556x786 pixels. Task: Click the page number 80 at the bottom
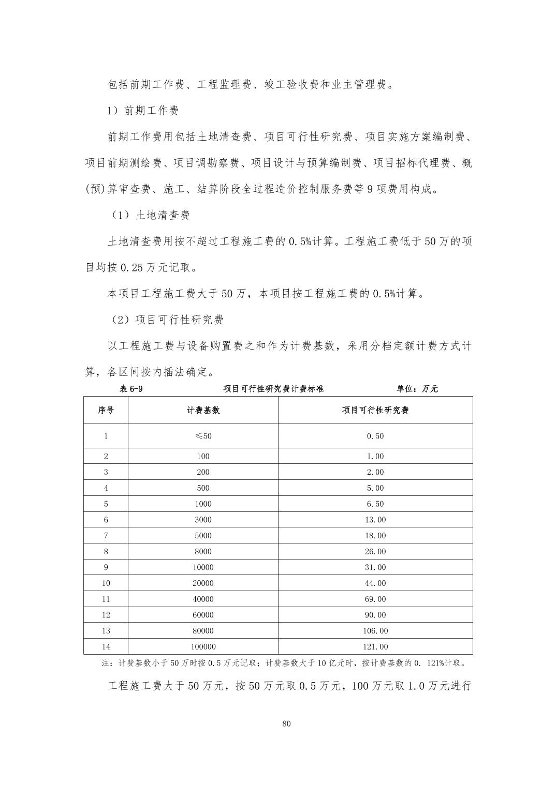point(287,723)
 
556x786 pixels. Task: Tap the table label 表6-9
point(131,389)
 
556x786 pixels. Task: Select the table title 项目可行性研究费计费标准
point(273,389)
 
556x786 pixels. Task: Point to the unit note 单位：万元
point(417,389)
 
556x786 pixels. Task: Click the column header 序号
point(106,410)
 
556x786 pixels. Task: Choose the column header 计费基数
point(203,410)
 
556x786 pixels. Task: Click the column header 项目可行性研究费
point(375,410)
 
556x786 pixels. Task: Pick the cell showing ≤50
point(203,436)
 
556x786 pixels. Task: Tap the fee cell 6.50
point(375,504)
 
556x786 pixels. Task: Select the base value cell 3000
point(203,520)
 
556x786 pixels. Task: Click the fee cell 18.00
point(375,536)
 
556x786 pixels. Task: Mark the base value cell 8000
point(203,552)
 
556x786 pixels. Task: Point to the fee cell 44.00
point(375,583)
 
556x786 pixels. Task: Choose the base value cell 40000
point(203,599)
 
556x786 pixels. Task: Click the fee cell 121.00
point(375,647)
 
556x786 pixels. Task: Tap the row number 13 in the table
point(106,631)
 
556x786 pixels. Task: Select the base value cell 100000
point(203,647)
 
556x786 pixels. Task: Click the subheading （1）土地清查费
point(150,215)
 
